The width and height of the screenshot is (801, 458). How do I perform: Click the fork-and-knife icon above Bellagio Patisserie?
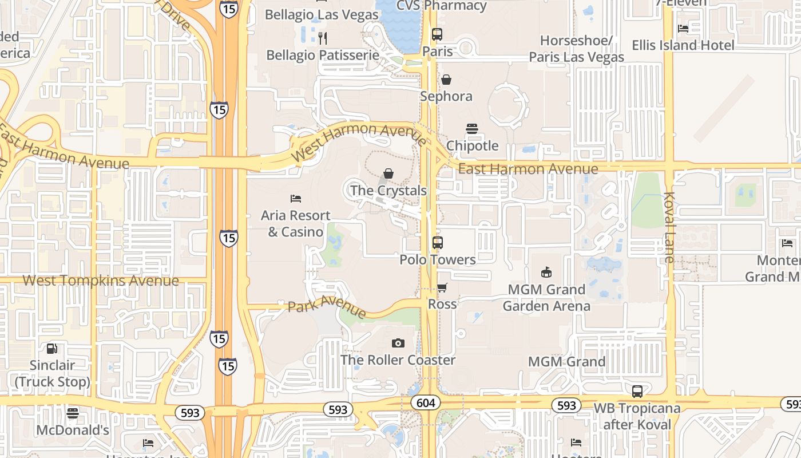pos(323,38)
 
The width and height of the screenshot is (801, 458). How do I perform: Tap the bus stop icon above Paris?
pos(437,34)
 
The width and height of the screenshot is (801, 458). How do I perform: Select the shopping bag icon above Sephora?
pos(446,80)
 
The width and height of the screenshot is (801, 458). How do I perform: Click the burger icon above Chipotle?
pos(472,129)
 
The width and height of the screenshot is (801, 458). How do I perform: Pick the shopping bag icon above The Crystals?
pos(388,173)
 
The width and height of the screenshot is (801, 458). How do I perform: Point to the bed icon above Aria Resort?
pos(296,199)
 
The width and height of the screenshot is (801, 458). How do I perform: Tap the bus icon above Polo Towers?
pos(438,243)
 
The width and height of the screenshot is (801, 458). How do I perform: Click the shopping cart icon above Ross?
pos(442,287)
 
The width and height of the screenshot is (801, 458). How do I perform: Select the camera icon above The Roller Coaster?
pos(398,343)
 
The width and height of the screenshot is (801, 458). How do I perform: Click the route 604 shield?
pos(426,403)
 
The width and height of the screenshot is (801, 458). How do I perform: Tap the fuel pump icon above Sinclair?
pos(52,348)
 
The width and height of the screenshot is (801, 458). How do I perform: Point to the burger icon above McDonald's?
pos(73,413)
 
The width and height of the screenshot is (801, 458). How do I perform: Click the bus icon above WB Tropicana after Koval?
pos(637,392)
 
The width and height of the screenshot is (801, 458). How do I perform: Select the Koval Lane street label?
pos(669,227)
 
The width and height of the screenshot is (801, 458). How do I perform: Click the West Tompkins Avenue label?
pos(101,281)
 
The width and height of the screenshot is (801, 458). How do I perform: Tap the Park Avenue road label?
pos(327,306)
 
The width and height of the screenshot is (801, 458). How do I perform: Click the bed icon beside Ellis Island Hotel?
pos(683,28)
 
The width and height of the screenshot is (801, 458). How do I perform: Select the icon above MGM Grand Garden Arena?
pos(546,273)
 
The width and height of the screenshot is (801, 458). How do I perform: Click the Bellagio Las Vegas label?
pos(314,14)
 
